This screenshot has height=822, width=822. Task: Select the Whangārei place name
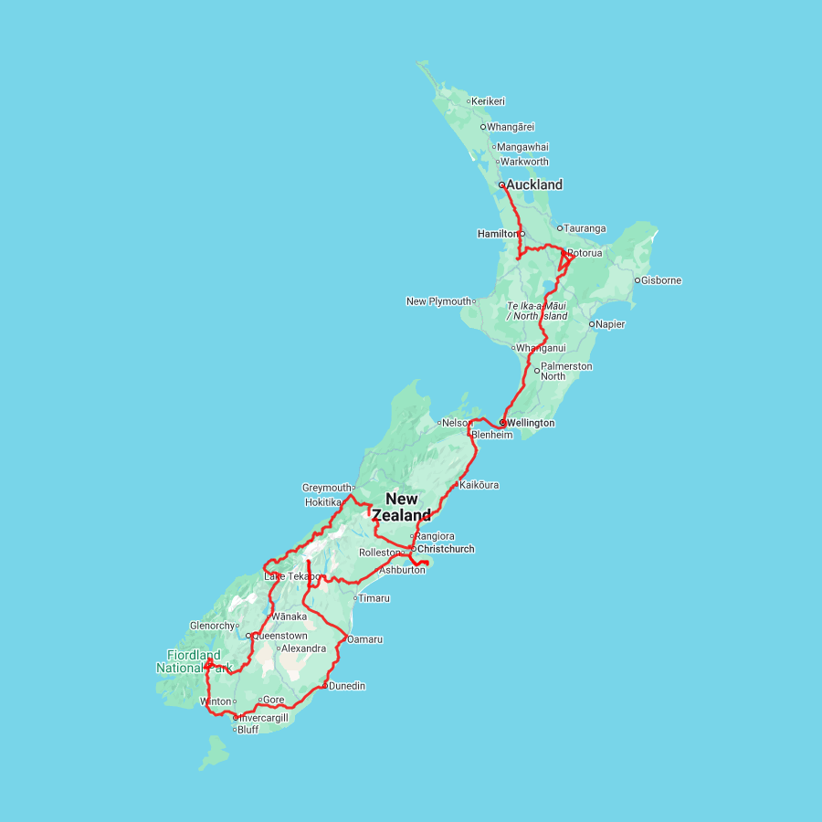pyautogui.click(x=511, y=127)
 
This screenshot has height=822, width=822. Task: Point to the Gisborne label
pyautogui.click(x=661, y=280)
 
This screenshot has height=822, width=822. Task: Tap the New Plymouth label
pyautogui.click(x=439, y=301)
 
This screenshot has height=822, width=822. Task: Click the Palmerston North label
pyautogui.click(x=566, y=371)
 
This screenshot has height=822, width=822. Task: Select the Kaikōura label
pyautogui.click(x=479, y=485)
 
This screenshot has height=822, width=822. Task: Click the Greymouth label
pyautogui.click(x=327, y=488)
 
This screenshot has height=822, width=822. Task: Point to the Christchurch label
pyautogui.click(x=446, y=549)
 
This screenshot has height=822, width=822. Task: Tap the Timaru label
pyautogui.click(x=374, y=598)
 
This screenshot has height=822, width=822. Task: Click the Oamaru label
pyautogui.click(x=364, y=638)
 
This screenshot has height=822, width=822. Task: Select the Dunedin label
pyautogui.click(x=347, y=685)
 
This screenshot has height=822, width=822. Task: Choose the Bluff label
pyautogui.click(x=248, y=730)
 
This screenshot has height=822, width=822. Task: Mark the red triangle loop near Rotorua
pyautogui.click(x=564, y=263)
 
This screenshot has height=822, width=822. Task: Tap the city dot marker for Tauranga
pyautogui.click(x=560, y=228)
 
